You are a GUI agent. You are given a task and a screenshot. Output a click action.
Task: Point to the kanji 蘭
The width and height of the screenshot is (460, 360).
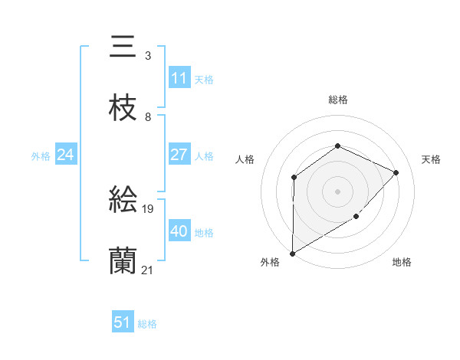tap(123, 261)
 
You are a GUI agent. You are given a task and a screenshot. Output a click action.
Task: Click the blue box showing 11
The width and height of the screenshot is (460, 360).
tap(179, 78)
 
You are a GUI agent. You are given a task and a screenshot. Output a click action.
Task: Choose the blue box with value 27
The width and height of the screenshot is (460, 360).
tap(179, 155)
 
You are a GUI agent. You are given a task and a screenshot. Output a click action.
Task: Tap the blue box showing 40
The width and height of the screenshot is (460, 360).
tap(179, 231)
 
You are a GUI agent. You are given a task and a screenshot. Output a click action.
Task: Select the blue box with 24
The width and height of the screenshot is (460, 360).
tap(66, 155)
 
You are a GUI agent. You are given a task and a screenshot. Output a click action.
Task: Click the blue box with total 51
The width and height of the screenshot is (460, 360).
tap(123, 322)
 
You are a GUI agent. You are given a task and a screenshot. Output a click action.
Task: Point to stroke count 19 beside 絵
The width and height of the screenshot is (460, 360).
tap(149, 208)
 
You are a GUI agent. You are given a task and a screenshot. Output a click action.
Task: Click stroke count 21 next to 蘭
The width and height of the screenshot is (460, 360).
tap(148, 270)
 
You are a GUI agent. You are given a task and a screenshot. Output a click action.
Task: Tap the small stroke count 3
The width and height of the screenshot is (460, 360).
tap(148, 56)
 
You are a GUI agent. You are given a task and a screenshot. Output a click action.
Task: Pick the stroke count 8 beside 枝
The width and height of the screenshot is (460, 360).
tap(148, 117)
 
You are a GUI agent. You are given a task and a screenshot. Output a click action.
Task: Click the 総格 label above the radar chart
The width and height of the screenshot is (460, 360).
tap(338, 100)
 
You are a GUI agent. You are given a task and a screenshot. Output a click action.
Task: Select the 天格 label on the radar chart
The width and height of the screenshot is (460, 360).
tap(431, 159)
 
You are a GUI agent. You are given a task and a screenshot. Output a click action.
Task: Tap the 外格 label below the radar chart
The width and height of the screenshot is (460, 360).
tap(270, 262)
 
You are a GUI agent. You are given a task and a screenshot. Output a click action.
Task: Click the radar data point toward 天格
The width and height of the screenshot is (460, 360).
tap(396, 172)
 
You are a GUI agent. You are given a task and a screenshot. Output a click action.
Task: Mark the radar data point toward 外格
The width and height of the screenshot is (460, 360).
tap(293, 253)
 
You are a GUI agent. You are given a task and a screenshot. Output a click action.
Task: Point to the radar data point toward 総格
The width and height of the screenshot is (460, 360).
tap(337, 146)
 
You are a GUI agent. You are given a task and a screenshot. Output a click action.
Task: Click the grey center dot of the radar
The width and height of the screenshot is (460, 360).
tap(337, 191)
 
